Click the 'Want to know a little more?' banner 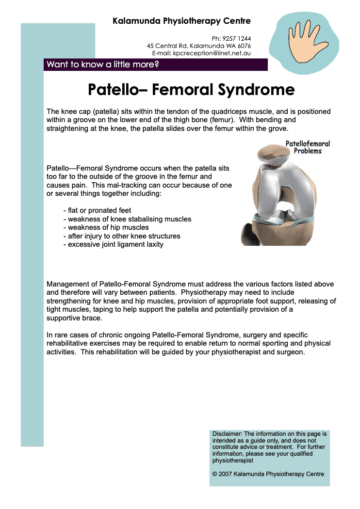(102, 64)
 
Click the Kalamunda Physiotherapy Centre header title (181, 21)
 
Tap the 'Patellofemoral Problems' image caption (308, 147)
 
